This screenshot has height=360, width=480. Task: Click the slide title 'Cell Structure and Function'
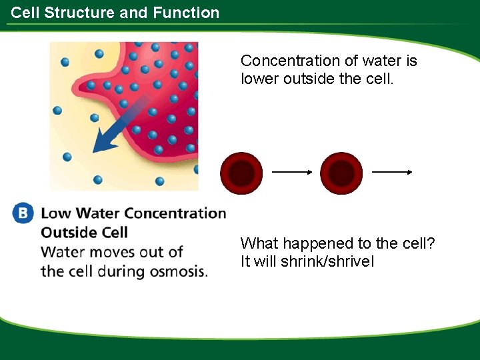click(115, 13)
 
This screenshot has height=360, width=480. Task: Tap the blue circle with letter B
click(23, 213)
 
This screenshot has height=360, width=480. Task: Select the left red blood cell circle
click(242, 173)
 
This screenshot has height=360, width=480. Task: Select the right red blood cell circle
click(341, 173)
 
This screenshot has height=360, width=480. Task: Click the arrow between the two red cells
click(292, 172)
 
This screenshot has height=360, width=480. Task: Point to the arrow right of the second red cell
click(392, 172)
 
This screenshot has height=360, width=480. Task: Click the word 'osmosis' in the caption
click(180, 271)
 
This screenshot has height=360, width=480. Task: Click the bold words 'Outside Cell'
click(84, 233)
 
